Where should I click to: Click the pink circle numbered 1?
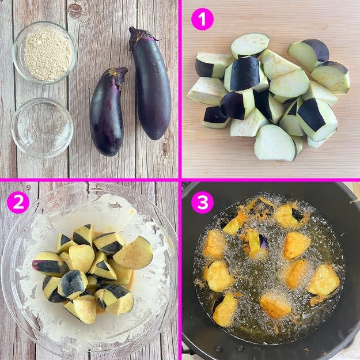[202, 19]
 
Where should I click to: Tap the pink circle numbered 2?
[18, 203]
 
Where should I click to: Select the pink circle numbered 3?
[202, 203]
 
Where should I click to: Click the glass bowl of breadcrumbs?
[44, 52]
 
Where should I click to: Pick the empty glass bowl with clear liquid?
[42, 128]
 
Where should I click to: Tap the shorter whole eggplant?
[107, 112]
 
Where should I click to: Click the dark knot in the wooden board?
[75, 10]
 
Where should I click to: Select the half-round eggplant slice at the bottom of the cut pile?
[275, 143]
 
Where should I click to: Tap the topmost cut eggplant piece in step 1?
[250, 46]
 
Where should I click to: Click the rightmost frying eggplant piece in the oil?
[323, 281]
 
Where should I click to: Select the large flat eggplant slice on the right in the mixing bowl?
[133, 252]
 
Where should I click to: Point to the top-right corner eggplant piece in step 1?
[309, 54]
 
